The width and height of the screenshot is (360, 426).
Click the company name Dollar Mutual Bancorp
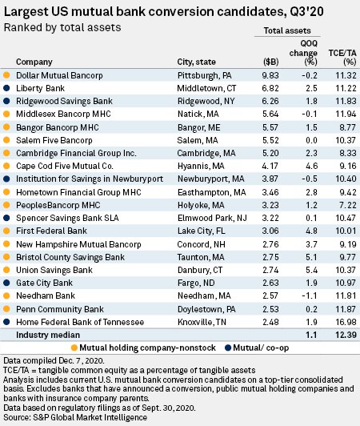click(59, 75)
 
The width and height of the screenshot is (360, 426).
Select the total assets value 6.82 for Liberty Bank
click(270, 88)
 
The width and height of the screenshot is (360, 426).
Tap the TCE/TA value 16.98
click(346, 322)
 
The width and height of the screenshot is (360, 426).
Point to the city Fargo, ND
click(196, 283)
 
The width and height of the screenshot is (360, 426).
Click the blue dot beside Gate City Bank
click(6, 283)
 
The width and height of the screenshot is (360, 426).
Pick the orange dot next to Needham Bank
click(6, 295)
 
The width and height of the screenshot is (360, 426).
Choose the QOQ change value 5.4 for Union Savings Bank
click(311, 270)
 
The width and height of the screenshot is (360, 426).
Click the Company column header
click(34, 62)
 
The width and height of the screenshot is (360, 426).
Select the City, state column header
click(197, 62)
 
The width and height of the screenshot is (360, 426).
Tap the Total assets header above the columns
click(287, 30)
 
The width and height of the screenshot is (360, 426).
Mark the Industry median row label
click(48, 335)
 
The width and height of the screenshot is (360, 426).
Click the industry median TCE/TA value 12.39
click(346, 335)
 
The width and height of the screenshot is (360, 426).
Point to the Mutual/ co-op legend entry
click(257, 348)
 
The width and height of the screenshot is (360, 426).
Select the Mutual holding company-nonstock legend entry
click(143, 348)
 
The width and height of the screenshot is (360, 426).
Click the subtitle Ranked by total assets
click(62, 28)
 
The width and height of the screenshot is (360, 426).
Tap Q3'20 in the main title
click(306, 12)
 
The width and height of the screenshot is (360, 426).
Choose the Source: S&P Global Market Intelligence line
click(75, 417)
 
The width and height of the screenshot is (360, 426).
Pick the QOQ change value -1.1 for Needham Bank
click(310, 295)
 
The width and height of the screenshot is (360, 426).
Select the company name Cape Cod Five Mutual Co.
click(65, 166)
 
